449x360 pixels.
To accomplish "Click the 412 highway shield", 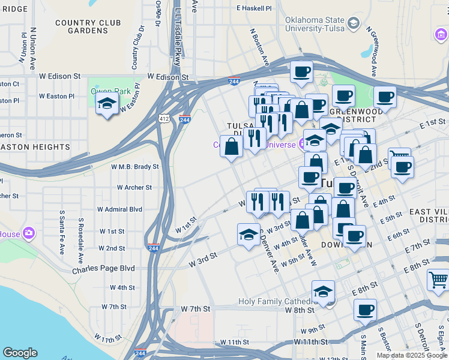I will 164,119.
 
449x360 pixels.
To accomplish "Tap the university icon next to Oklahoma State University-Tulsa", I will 354,23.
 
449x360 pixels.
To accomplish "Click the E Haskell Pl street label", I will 254,8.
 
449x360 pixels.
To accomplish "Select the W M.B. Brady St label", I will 135,166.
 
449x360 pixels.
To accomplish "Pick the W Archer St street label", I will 134,187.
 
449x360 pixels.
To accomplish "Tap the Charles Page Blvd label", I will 103,269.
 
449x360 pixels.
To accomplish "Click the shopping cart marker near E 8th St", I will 438,280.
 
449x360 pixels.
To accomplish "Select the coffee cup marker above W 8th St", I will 365,310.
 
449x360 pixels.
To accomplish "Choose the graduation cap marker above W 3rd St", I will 249,235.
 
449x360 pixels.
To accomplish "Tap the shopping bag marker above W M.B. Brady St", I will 232,146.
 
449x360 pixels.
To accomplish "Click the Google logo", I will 20,353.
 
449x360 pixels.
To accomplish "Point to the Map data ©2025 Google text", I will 412,355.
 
